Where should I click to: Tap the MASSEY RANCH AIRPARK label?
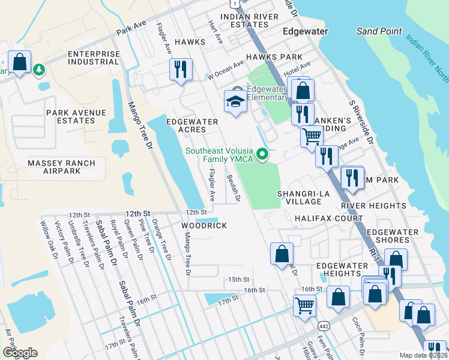pos(61,167)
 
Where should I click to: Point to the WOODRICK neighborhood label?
pos(204,225)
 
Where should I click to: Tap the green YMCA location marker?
pos(262,155)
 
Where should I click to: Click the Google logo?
pos(20,353)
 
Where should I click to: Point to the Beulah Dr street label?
pos(234,188)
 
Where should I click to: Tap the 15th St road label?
pos(238,280)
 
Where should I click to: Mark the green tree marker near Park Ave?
pos(40,70)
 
